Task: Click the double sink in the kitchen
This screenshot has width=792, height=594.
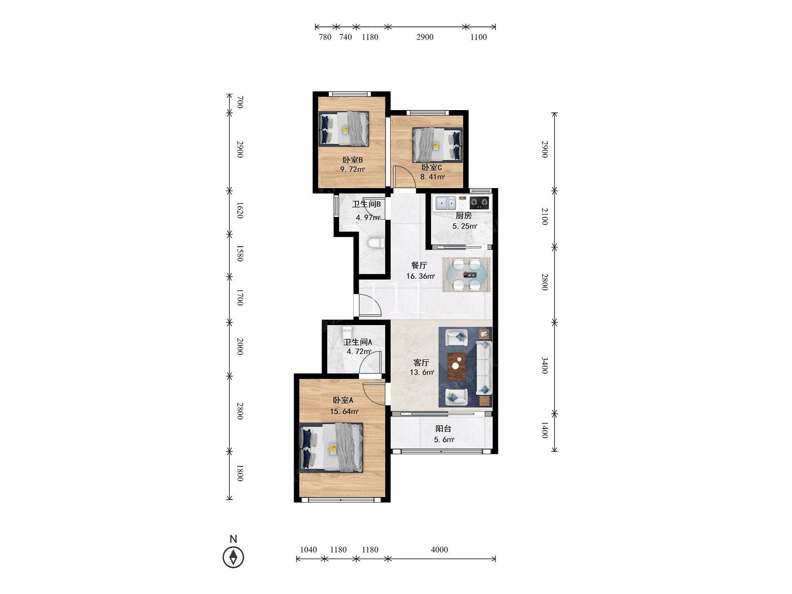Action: pyautogui.click(x=446, y=203)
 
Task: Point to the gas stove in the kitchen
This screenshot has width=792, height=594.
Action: pyautogui.click(x=480, y=203)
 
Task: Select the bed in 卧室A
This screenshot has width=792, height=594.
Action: pyautogui.click(x=331, y=447)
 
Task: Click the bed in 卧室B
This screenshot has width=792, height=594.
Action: pyautogui.click(x=344, y=128)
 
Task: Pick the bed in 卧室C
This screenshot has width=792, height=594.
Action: pyautogui.click(x=437, y=144)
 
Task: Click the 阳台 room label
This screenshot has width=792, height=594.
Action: pyautogui.click(x=444, y=429)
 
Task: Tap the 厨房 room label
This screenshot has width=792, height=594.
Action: pyautogui.click(x=464, y=216)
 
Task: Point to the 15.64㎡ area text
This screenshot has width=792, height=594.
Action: pyautogui.click(x=344, y=411)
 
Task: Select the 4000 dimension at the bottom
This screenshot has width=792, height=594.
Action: pyautogui.click(x=440, y=550)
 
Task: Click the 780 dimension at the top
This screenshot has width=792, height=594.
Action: pyautogui.click(x=325, y=37)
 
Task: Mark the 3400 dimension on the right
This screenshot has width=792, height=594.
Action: pyautogui.click(x=545, y=365)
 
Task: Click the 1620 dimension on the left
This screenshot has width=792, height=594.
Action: pyautogui.click(x=240, y=210)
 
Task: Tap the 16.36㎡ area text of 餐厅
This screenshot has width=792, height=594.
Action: pyautogui.click(x=421, y=276)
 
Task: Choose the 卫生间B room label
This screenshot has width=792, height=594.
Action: pyautogui.click(x=367, y=204)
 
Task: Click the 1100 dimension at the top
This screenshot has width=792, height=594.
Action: pyautogui.click(x=478, y=37)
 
